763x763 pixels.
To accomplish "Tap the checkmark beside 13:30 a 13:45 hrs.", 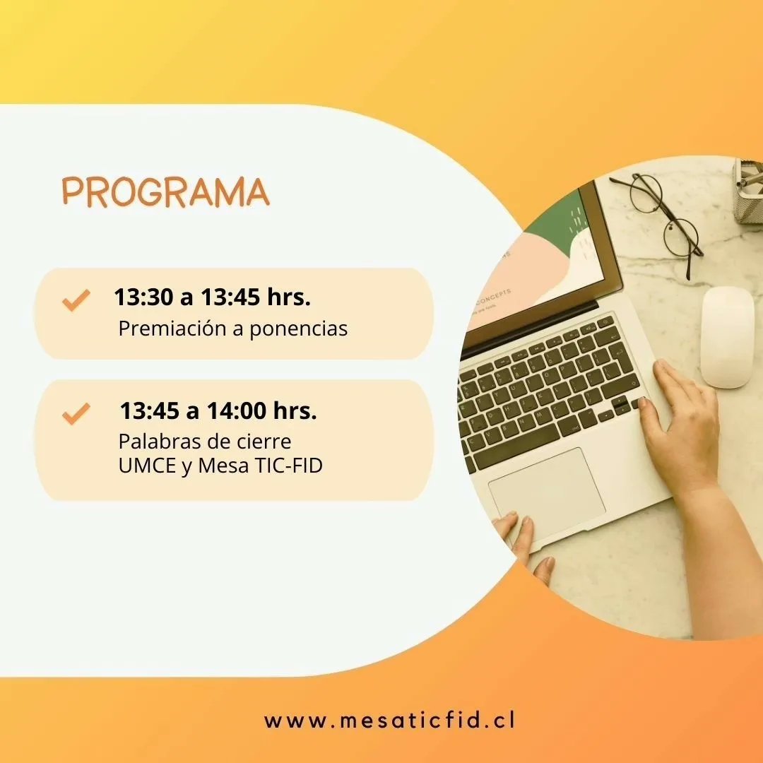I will point(76,300).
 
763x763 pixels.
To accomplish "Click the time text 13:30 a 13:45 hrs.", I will point(212,297).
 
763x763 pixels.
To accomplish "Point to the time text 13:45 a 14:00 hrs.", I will point(218,410).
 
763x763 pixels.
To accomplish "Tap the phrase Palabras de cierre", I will point(205,442).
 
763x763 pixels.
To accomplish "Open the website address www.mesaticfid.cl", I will point(389,721).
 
